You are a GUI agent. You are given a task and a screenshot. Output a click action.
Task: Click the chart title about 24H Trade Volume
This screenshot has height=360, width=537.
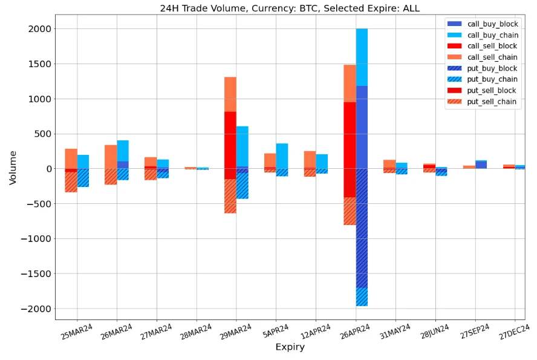[x=289, y=8]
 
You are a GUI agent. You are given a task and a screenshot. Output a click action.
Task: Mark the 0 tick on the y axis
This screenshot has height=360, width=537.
[x=48, y=169]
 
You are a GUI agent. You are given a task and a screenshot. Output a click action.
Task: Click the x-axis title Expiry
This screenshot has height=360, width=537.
[x=290, y=347]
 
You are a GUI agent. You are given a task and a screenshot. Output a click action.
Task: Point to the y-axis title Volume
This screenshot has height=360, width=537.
[x=13, y=168]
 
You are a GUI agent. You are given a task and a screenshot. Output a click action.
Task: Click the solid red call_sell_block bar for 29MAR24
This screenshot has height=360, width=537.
[x=230, y=140]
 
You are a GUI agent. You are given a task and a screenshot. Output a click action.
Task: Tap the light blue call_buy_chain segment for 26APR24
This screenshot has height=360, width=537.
[x=362, y=57]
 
